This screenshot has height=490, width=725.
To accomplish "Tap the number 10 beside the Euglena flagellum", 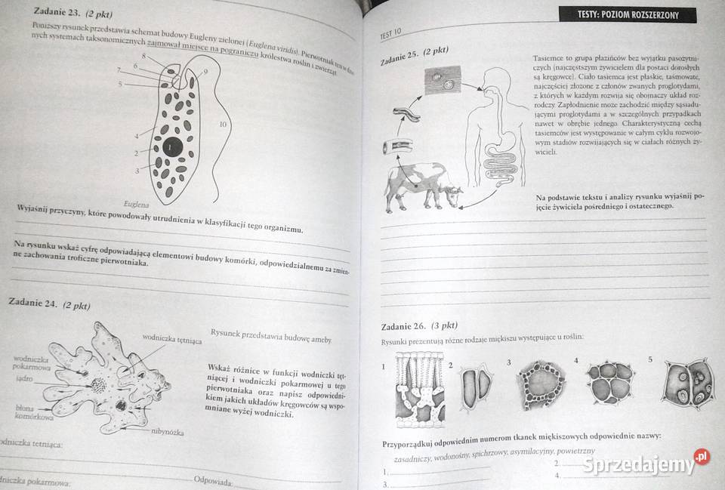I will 223,124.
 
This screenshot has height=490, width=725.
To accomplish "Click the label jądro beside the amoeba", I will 23,379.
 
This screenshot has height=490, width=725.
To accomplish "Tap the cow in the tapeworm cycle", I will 422,186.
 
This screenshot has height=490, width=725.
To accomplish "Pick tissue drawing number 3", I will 543,387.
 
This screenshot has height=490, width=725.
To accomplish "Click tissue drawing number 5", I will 688,384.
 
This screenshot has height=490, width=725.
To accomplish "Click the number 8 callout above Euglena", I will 143,56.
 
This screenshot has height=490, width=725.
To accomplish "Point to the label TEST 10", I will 390,34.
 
